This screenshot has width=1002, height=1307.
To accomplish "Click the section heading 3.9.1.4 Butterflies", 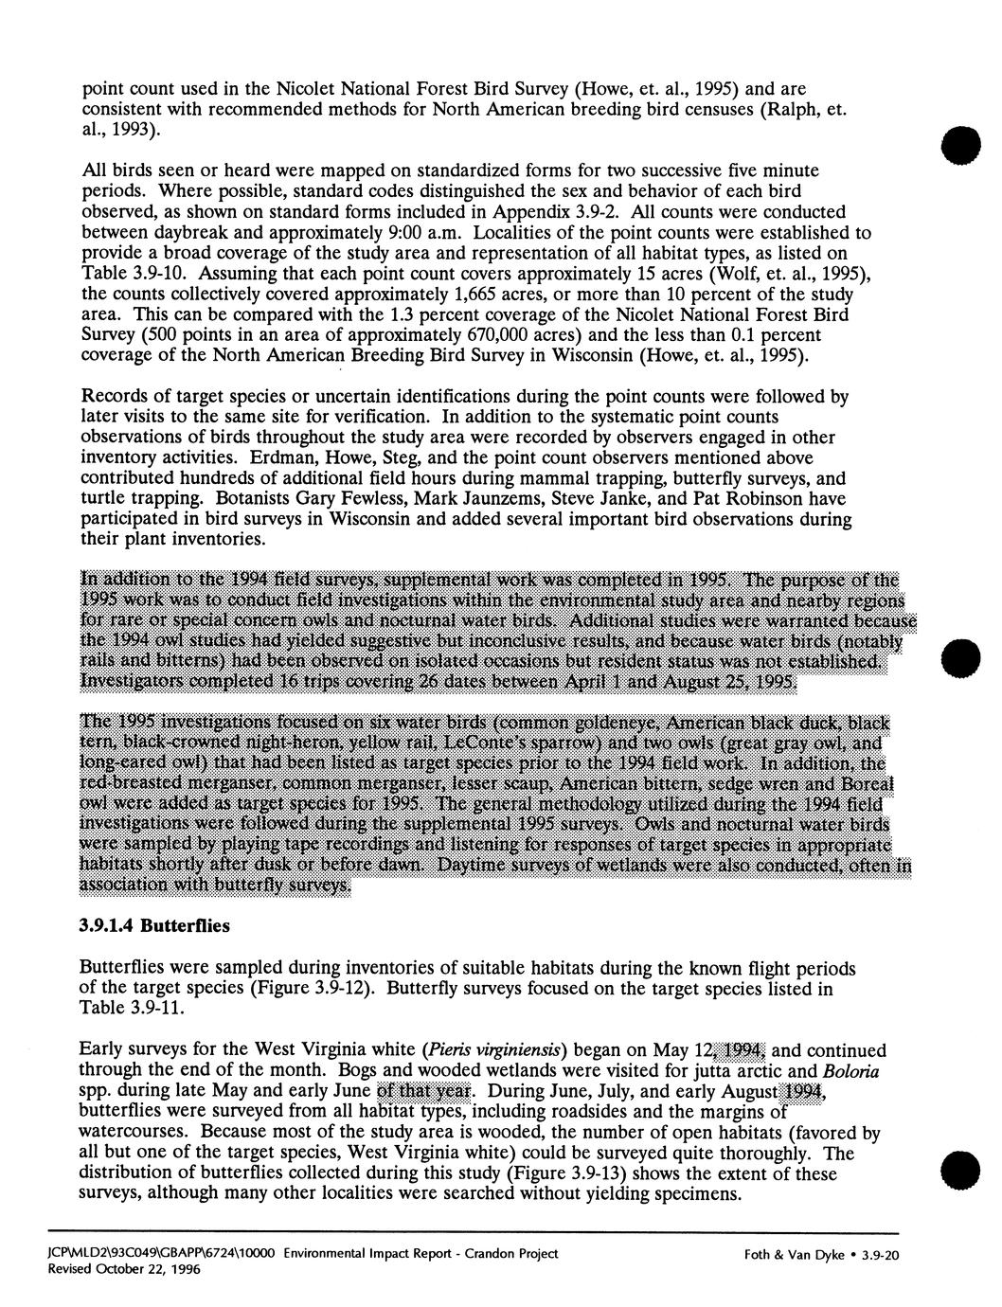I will pyautogui.click(x=154, y=926).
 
